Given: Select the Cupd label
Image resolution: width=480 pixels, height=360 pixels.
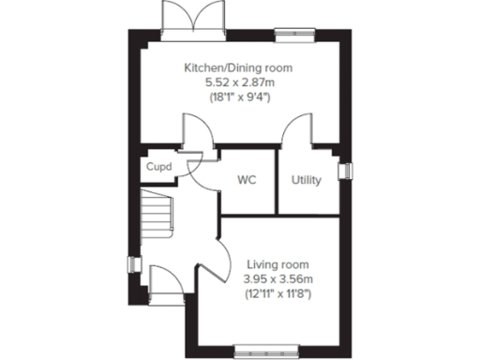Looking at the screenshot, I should coord(156,167).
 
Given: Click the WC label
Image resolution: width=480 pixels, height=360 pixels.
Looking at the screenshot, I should coord(247,179).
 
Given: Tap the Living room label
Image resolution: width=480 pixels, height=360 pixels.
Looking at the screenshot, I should coord(277,265).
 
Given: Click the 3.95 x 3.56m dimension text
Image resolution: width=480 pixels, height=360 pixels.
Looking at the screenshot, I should coord(277,279).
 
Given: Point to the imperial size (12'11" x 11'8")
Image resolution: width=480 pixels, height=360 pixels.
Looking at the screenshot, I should coord(277,294).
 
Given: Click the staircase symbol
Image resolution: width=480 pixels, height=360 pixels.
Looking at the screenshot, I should coord(157,214).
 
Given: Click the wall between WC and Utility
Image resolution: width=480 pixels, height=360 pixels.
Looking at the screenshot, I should coord(278,181).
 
